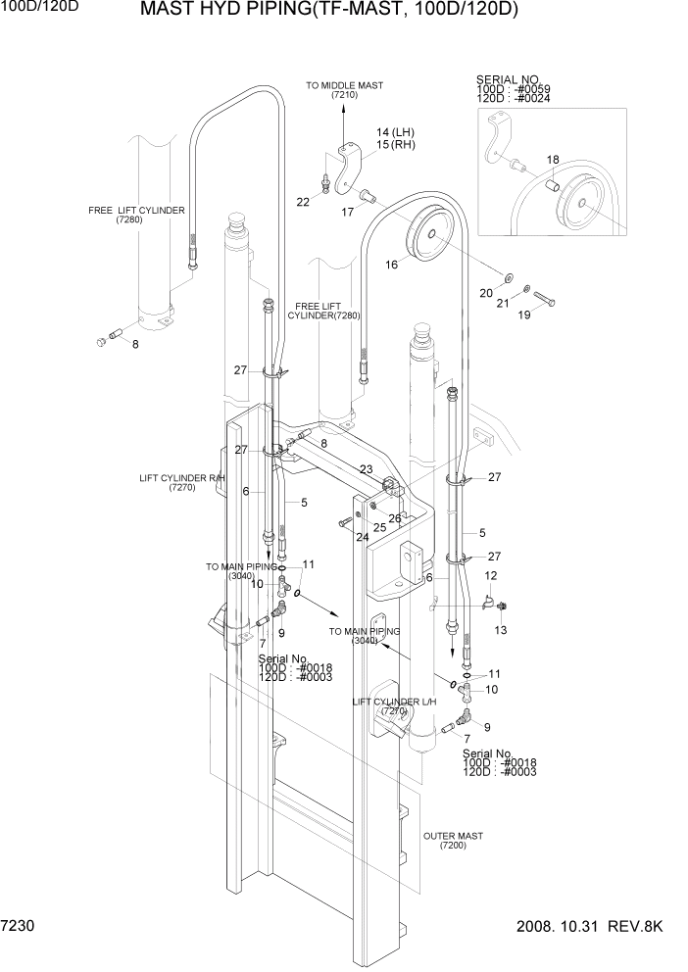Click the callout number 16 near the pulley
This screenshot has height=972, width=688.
[391, 264]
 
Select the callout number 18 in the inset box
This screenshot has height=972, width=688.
[553, 160]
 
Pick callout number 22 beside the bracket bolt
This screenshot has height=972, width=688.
[303, 202]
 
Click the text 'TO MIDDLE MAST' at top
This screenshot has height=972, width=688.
[344, 86]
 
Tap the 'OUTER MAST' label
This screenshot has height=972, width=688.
[452, 836]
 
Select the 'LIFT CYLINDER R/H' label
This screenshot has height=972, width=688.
[181, 478]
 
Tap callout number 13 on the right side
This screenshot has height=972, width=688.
[501, 630]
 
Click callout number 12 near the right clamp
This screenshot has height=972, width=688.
[491, 575]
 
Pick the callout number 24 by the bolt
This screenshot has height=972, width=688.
[363, 537]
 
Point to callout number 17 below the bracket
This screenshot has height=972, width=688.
[348, 211]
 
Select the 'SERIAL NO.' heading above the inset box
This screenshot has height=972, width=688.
[508, 78]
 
